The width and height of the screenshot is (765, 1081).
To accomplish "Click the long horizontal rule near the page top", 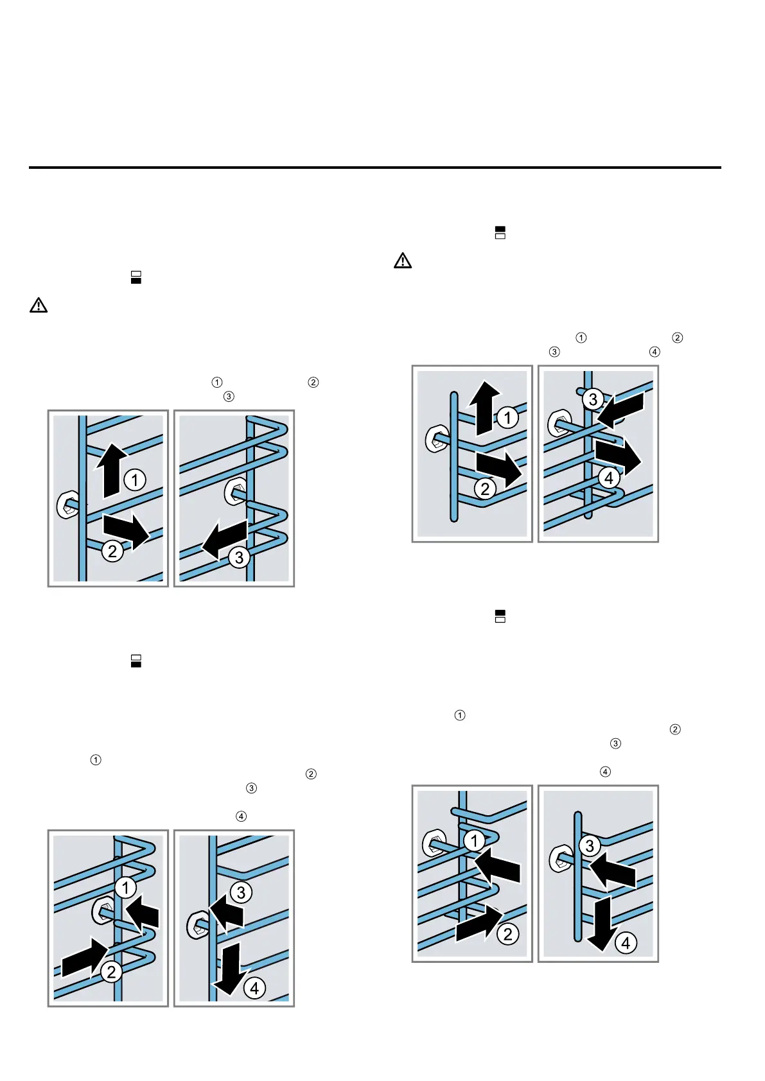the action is tap(374, 168).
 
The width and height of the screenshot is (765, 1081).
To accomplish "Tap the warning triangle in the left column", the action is tap(39, 306).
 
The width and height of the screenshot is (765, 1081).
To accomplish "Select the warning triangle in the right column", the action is tap(403, 261).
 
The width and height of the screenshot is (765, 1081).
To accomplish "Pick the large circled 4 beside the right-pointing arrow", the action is tap(608, 478).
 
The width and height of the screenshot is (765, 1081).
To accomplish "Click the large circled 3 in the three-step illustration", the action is tap(239, 557).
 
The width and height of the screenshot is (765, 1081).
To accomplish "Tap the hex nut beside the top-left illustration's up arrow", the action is tap(67, 505).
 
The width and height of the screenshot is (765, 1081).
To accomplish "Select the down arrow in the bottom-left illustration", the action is tap(230, 966).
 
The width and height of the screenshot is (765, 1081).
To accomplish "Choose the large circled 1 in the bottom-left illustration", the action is tap(126, 888).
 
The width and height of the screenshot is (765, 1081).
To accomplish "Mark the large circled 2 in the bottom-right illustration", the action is tap(508, 934).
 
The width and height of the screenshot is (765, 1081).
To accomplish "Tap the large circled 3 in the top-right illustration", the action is tap(593, 399).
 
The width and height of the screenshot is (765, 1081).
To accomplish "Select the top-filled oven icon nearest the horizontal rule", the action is tap(500, 232).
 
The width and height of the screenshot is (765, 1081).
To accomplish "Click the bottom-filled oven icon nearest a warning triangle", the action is tap(136, 277).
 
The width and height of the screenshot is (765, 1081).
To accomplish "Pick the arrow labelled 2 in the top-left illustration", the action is tap(127, 530).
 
